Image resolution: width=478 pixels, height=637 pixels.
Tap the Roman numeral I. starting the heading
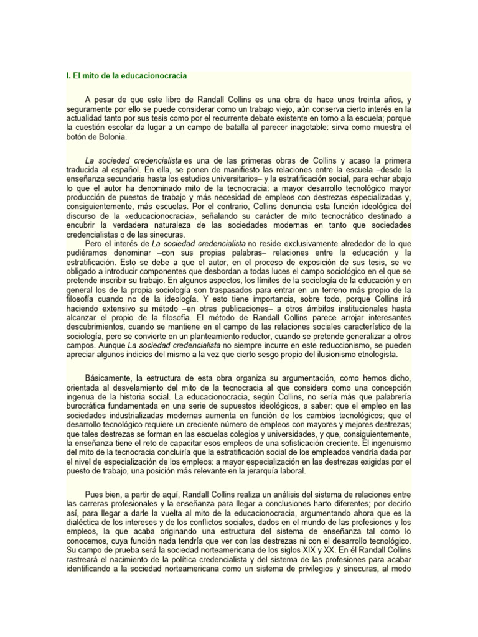(68, 76)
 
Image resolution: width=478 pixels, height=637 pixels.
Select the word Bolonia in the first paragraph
(110, 137)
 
